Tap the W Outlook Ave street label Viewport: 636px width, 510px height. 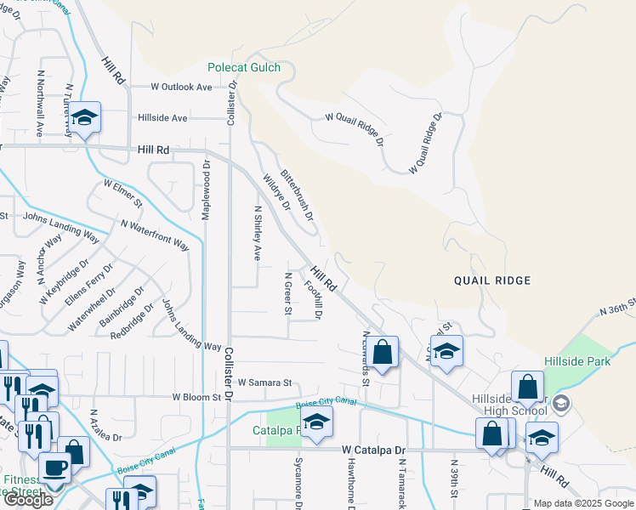[x=181, y=87]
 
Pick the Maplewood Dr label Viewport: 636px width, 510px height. [x=206, y=190]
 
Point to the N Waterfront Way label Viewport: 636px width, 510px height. [x=155, y=233]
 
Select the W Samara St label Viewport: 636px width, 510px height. [x=264, y=382]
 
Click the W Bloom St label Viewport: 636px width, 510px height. [x=202, y=397]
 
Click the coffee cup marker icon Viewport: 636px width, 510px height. [x=54, y=467]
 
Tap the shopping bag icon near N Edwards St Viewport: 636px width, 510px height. [x=383, y=352]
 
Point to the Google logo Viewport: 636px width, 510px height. [x=28, y=500]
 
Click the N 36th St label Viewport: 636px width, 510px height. [x=617, y=311]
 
